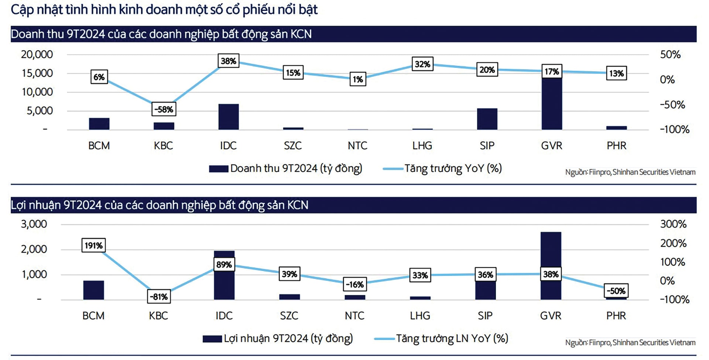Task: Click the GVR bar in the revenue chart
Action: (552, 103)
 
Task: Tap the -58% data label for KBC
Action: (164, 109)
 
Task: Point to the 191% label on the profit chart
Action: (93, 246)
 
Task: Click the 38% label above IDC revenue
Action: (228, 61)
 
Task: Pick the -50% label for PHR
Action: (616, 291)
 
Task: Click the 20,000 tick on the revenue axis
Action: (37, 55)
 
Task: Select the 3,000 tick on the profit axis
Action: (34, 224)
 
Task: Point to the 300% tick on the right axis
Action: (673, 224)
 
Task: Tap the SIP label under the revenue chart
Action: (487, 145)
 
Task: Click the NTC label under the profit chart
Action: (354, 316)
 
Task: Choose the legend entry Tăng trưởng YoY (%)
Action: (453, 169)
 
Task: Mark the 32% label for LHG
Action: (422, 64)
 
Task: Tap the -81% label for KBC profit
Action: (159, 296)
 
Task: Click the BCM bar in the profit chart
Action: (93, 290)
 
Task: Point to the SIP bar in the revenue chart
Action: (487, 119)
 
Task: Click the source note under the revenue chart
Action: (630, 172)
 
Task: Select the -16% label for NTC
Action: (354, 284)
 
